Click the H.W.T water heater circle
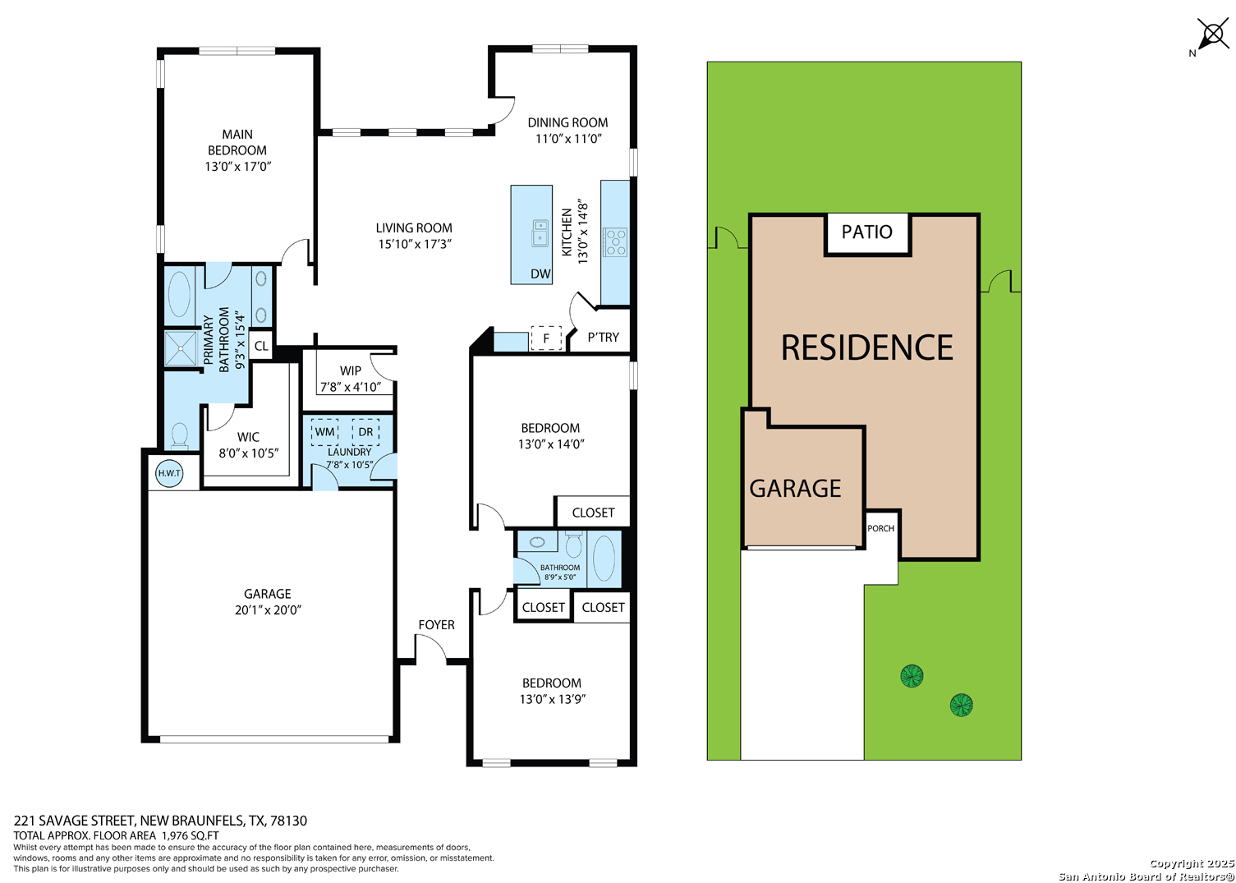pos(169,473)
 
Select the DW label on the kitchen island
pos(540,274)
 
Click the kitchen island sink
pos(540,233)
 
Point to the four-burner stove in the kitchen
pos(615,243)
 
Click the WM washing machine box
pos(324,432)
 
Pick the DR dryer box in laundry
pos(365,432)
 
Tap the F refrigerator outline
pos(546,338)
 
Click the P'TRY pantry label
pos(603,338)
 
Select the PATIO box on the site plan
pos(867,233)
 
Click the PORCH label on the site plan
pos(880,528)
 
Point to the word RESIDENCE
pos(867,347)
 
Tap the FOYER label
pos(436,625)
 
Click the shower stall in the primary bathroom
pos(181,348)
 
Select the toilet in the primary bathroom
pos(180,435)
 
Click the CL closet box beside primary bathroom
pos(261,346)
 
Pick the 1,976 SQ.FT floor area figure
pos(191,835)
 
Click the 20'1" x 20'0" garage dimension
pos(268,609)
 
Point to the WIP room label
pos(351,371)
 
